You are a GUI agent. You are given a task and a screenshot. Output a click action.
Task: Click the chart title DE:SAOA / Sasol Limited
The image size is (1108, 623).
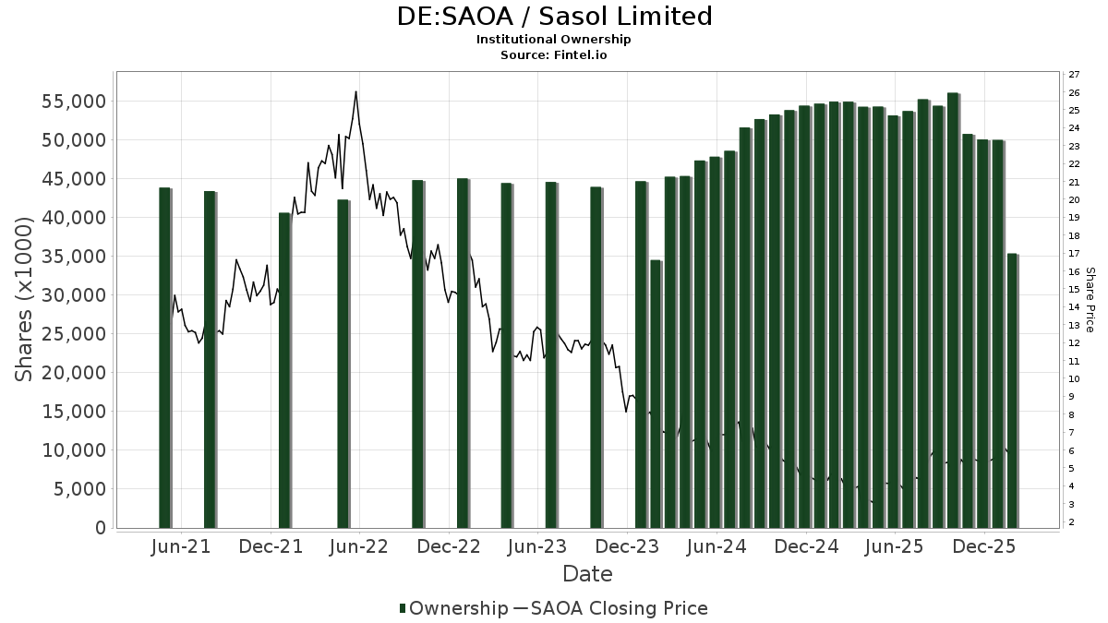pyautogui.click(x=554, y=17)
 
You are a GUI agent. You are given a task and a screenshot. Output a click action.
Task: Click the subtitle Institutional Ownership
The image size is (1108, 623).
pyautogui.click(x=554, y=40)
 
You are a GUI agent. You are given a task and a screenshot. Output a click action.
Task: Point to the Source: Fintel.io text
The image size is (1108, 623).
pyautogui.click(x=554, y=55)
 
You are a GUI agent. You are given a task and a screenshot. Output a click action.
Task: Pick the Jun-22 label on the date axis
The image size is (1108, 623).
pyautogui.click(x=359, y=547)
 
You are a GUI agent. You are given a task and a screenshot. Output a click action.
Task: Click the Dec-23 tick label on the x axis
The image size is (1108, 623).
pyautogui.click(x=628, y=547)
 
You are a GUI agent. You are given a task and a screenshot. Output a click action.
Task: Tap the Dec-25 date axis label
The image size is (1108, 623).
pyautogui.click(x=984, y=547)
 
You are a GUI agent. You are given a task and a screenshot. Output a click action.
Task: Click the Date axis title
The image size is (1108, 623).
pyautogui.click(x=587, y=574)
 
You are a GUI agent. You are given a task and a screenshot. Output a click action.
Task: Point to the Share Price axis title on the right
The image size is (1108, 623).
pyautogui.click(x=1090, y=300)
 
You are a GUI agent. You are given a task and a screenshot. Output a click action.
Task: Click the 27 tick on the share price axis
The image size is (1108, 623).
pyautogui.click(x=1074, y=75)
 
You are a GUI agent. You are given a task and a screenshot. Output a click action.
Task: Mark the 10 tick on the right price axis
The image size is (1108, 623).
pyautogui.click(x=1074, y=379)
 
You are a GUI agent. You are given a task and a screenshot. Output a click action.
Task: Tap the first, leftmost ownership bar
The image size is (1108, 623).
pyautogui.click(x=164, y=358)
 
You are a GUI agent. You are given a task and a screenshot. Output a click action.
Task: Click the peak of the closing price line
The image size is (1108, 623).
pyautogui.click(x=355, y=91)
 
